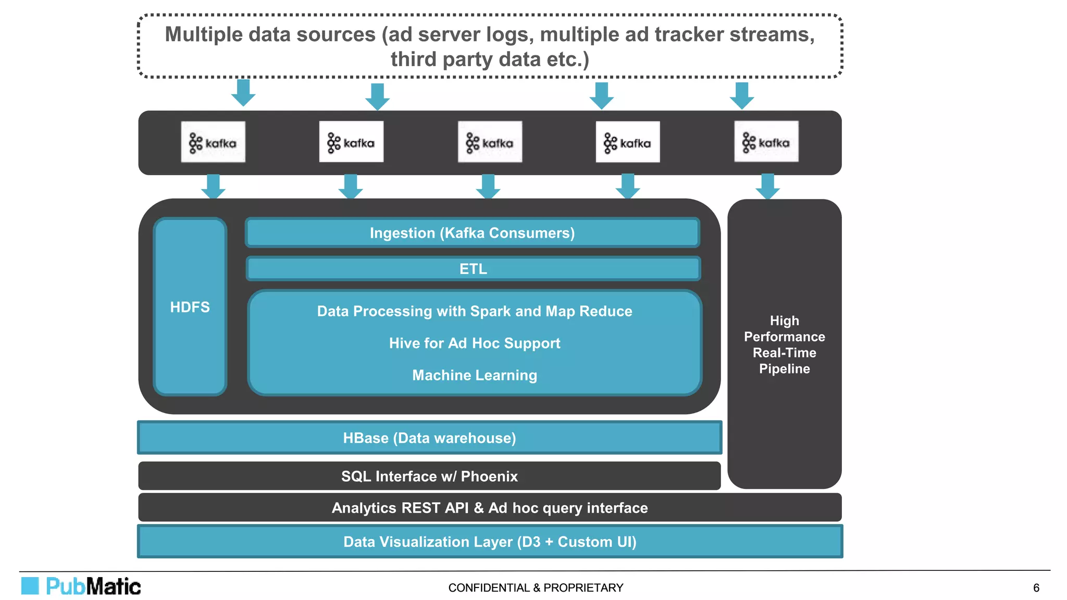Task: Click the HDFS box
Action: click(x=190, y=307)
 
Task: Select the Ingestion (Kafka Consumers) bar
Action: click(x=472, y=233)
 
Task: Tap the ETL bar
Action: click(x=473, y=269)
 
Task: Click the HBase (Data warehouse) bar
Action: click(x=429, y=438)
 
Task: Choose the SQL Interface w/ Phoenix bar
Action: click(x=429, y=476)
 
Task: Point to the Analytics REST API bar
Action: click(x=490, y=508)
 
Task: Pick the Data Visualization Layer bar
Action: click(x=490, y=542)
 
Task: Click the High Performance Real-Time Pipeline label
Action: click(x=784, y=344)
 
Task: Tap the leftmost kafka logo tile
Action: click(x=213, y=142)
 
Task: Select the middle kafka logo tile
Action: click(x=490, y=142)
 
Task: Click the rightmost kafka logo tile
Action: click(x=766, y=142)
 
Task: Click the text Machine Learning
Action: click(x=474, y=375)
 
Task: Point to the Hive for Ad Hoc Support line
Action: click(x=474, y=343)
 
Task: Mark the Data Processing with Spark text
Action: click(x=474, y=311)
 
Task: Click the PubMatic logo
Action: click(x=81, y=586)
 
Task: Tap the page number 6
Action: click(x=1036, y=588)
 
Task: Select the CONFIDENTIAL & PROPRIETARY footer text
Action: click(x=536, y=588)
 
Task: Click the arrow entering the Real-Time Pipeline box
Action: click(x=767, y=186)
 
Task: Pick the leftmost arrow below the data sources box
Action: click(x=243, y=93)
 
